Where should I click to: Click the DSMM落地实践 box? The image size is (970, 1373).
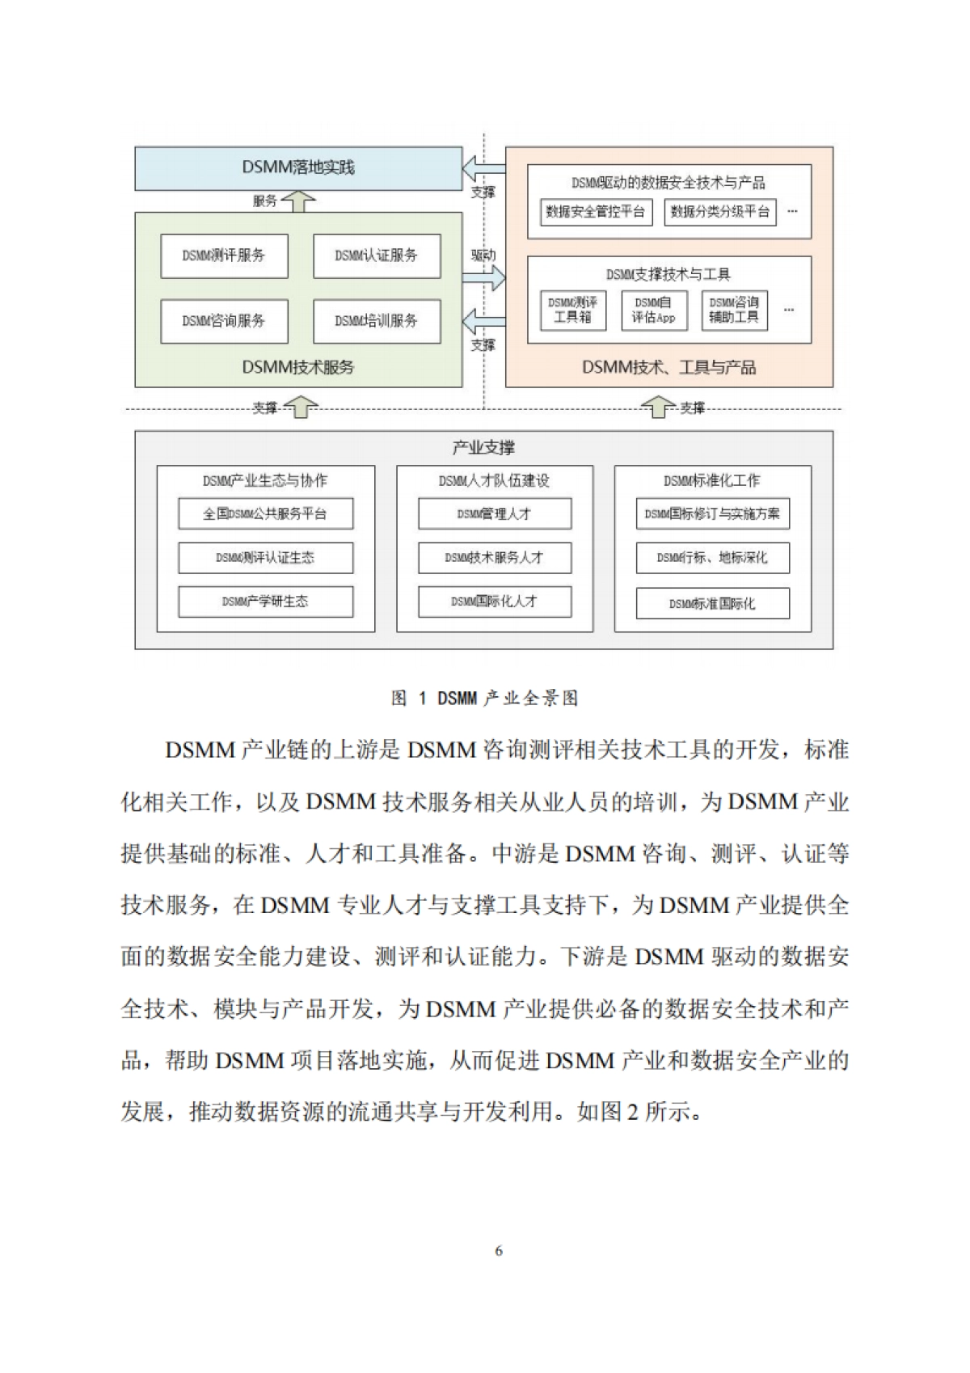point(298,168)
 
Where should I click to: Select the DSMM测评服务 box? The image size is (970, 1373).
point(224,256)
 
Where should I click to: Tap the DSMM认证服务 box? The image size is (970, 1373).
point(377,256)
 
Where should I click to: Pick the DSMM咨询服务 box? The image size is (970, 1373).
point(224,321)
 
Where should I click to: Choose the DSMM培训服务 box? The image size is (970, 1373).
point(377,321)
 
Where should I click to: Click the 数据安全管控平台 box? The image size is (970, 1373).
point(596,212)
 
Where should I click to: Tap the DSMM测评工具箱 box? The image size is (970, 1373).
point(572,311)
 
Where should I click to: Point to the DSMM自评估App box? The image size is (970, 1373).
point(654,311)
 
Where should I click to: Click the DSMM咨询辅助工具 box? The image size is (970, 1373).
point(734,311)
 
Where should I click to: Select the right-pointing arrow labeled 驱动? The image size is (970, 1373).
point(483,279)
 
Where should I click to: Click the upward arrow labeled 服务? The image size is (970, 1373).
point(299,201)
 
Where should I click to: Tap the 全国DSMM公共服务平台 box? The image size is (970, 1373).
point(265,514)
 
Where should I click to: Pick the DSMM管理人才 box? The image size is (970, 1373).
point(494,514)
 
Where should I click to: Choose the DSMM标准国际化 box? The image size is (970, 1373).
point(712,604)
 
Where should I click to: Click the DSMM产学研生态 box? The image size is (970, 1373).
point(265,602)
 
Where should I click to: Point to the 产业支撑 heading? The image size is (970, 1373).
point(483,448)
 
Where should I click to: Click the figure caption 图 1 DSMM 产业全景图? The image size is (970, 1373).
point(484,699)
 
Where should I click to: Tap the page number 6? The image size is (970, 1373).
point(498,1251)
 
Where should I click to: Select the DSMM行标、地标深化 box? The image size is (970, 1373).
point(712,558)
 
